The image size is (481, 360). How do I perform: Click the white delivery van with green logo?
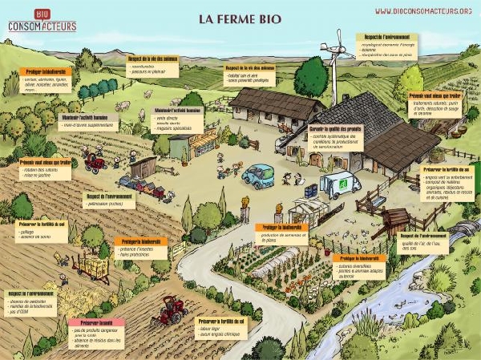[340, 184]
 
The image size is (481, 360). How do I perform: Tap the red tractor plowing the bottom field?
[169, 309]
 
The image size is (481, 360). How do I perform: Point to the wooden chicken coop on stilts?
[394, 219]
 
